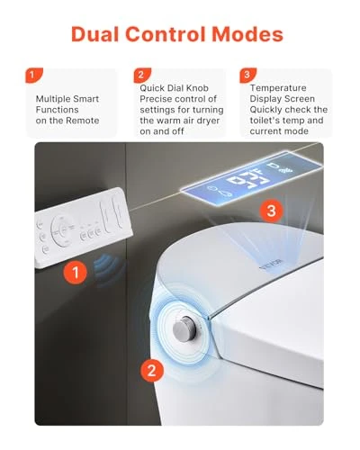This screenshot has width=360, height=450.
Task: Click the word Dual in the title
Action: click(x=100, y=35)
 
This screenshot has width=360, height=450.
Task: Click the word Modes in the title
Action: click(x=247, y=35)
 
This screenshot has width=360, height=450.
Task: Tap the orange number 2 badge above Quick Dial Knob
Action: click(x=140, y=76)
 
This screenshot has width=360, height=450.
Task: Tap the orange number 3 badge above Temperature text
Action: click(x=246, y=76)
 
